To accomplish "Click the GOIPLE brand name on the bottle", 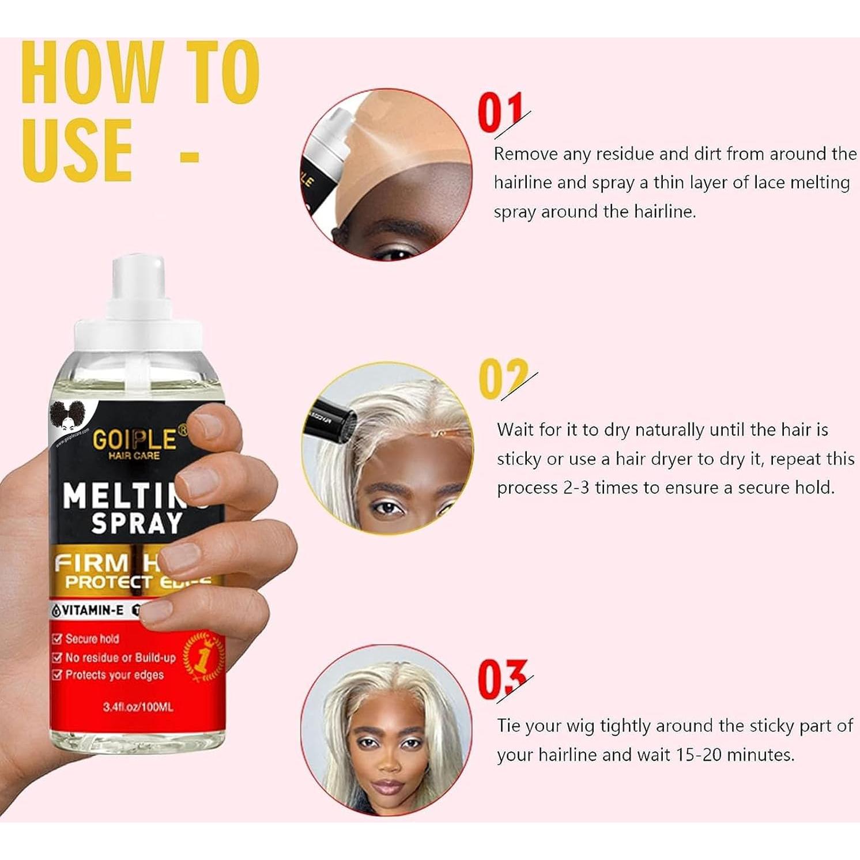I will coord(135,439).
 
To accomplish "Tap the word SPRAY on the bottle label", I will coord(137,523).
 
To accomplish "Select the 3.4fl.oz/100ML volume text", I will coord(138,707).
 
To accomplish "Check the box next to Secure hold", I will coord(57,639).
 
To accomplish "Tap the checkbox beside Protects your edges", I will coord(57,674).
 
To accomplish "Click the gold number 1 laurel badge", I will coord(202,658).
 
